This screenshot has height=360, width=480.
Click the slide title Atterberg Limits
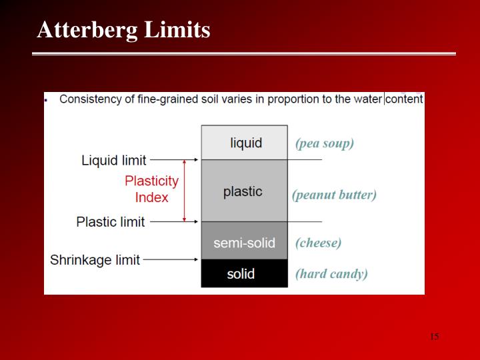[123, 30]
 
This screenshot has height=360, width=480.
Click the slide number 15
[434, 337]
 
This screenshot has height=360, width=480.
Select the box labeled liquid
[245, 143]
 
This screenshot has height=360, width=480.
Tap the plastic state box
[244, 191]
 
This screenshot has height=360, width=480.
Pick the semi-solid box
[244, 243]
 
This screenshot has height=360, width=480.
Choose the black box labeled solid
[244, 274]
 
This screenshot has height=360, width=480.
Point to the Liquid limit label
[113, 161]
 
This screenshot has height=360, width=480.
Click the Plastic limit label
[111, 222]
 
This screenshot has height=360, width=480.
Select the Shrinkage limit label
[95, 260]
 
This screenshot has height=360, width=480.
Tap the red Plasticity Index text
[152, 189]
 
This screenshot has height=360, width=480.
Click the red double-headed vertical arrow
[185, 191]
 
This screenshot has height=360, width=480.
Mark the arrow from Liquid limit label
[174, 160]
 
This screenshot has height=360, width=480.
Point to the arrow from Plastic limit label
[174, 221]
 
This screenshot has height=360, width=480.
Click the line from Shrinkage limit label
[171, 259]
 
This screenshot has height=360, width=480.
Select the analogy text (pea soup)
[324, 143]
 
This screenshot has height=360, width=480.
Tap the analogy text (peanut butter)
[334, 195]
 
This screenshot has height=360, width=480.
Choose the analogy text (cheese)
[318, 243]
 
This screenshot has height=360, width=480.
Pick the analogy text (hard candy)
[331, 273]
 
